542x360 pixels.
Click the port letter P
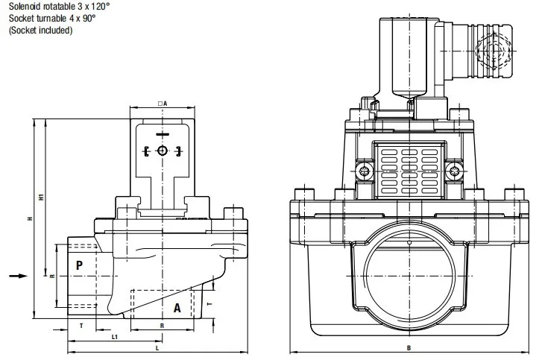tap(79, 265)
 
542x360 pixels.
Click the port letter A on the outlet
tap(177, 308)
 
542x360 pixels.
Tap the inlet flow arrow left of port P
tap(18, 276)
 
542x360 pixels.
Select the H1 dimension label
tap(41, 198)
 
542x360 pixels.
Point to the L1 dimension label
tap(115, 337)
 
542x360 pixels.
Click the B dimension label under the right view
tap(409, 348)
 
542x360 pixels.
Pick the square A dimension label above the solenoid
tap(163, 104)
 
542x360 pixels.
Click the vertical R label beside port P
tap(52, 276)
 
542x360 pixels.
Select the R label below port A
tap(162, 326)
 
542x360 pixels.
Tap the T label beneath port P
tap(81, 326)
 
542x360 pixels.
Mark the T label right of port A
tap(209, 304)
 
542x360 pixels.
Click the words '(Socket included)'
tap(40, 31)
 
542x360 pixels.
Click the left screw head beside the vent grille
tap(365, 171)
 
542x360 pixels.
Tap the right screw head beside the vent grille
tap(453, 171)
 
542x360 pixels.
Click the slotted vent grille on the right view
tap(409, 171)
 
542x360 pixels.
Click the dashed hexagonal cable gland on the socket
tap(494, 51)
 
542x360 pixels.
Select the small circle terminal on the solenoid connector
tap(162, 151)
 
